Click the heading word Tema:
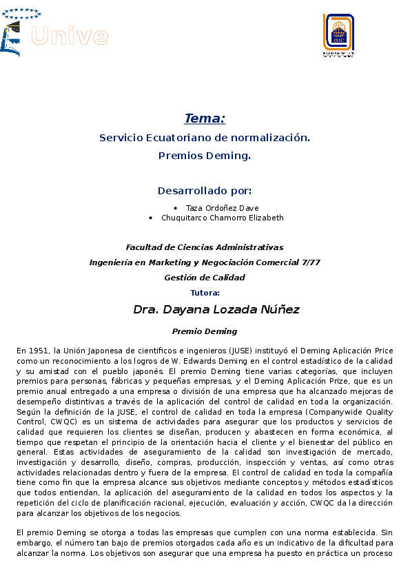[205, 118]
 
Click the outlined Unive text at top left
[70, 36]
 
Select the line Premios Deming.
[205, 156]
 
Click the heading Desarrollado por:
[205, 191]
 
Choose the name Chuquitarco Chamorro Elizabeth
[222, 218]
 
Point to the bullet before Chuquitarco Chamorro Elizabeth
[151, 218]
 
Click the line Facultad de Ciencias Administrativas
[205, 247]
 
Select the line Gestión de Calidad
[205, 278]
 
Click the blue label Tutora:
[205, 293]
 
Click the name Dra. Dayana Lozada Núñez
[216, 310]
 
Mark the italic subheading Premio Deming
[205, 331]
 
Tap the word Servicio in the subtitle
[121, 138]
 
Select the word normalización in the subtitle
[274, 138]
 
